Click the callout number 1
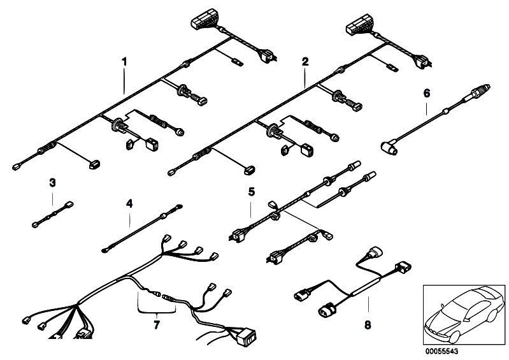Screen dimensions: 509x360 pyautogui.click(x=124, y=61)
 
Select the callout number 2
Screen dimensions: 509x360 pyautogui.click(x=305, y=61)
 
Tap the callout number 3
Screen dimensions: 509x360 pyautogui.click(x=52, y=183)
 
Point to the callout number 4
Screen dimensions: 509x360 pyautogui.click(x=129, y=204)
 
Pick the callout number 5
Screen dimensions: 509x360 pyautogui.click(x=252, y=192)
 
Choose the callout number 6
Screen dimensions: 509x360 pyautogui.click(x=427, y=94)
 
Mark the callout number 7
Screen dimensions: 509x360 pyautogui.click(x=157, y=324)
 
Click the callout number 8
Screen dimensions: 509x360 pyautogui.click(x=368, y=324)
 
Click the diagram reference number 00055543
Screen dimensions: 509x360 pyautogui.click(x=442, y=351)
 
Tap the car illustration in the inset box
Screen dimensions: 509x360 pyautogui.click(x=464, y=314)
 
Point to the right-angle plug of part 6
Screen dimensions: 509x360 pyautogui.click(x=389, y=148)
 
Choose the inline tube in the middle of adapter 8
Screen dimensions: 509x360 pyautogui.click(x=366, y=285)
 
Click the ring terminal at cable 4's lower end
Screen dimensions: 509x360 pyautogui.click(x=105, y=250)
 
